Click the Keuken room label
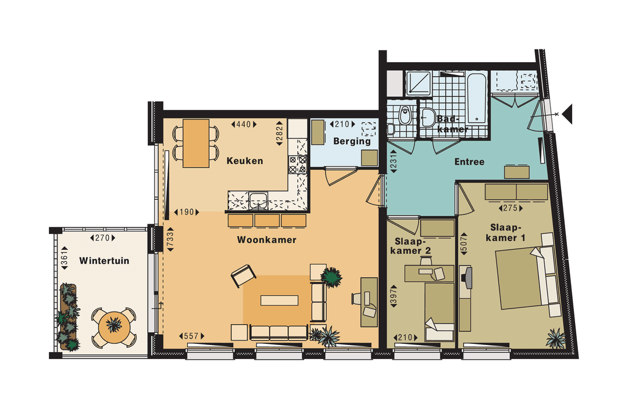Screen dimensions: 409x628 (x=245, y=161)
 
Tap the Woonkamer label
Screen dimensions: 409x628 (x=267, y=239)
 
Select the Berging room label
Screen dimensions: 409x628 (x=352, y=141)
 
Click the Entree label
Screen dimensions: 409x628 (x=469, y=162)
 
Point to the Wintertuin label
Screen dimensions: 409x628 (x=105, y=261)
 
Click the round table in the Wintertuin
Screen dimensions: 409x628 (x=113, y=325)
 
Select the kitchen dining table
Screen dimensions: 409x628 (x=196, y=143)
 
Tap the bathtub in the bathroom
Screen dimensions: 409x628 (x=476, y=97)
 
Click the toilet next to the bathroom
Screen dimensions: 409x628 (x=405, y=116)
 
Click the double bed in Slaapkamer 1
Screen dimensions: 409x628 (x=520, y=277)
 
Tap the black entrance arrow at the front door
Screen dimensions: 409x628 (x=567, y=113)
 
